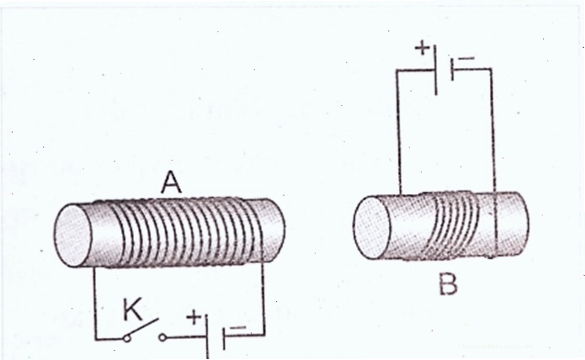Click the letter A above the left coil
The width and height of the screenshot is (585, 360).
(171, 183)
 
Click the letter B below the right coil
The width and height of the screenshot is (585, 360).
(448, 285)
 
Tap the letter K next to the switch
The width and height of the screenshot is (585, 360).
(133, 310)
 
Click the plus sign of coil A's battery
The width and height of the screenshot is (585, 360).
(194, 317)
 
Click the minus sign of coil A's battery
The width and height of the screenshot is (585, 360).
(237, 328)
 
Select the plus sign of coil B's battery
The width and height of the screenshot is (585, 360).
(423, 48)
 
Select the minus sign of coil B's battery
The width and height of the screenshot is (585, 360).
(466, 58)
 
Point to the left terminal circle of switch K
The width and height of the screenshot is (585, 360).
(127, 338)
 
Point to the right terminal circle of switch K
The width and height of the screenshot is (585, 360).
(162, 337)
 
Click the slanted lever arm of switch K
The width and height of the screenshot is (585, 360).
(143, 327)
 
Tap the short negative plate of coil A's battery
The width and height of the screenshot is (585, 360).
(224, 338)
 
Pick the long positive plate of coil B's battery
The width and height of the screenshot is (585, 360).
(436, 69)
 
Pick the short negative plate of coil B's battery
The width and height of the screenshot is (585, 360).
(453, 69)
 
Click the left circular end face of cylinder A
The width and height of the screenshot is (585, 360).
(73, 236)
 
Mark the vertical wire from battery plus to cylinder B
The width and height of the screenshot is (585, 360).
(398, 132)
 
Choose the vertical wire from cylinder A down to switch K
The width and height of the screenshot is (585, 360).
(95, 303)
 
